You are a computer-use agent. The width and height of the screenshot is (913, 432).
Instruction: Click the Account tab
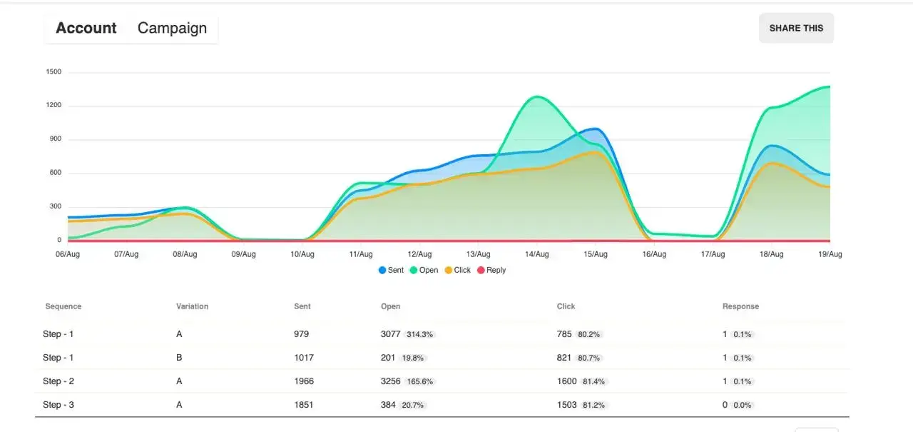(86, 29)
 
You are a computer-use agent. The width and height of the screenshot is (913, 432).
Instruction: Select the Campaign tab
(172, 29)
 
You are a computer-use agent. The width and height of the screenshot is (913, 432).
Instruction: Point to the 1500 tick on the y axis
(53, 72)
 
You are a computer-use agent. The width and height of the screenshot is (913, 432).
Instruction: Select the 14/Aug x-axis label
(536, 254)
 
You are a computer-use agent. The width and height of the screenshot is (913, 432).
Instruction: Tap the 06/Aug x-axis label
(67, 254)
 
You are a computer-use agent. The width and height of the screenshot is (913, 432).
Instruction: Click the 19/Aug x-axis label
(830, 254)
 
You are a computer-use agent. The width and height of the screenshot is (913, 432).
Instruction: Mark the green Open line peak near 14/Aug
(536, 97)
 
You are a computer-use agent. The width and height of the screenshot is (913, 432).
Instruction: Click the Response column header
(740, 306)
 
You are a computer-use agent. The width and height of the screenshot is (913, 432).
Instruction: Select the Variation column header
(192, 306)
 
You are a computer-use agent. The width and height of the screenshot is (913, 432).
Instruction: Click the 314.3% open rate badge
(419, 334)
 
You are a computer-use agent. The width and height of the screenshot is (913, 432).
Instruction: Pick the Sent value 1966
(304, 381)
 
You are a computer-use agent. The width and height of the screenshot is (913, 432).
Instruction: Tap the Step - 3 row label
(58, 405)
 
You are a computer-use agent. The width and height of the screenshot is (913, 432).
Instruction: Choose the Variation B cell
(180, 358)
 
